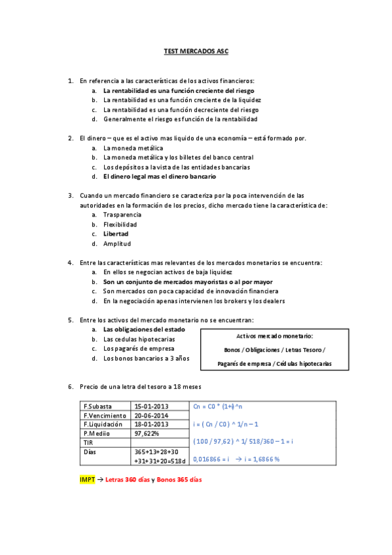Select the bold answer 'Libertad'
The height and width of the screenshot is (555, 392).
[116, 234]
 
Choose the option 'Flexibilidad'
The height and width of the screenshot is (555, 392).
[120, 224]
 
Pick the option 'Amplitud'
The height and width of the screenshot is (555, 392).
[117, 243]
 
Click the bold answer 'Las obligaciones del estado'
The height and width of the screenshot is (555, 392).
[143, 329]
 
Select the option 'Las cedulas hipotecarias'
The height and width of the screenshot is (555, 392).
[139, 339]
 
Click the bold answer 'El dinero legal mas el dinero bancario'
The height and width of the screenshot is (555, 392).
[160, 177]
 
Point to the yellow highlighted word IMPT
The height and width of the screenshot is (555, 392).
[86, 480]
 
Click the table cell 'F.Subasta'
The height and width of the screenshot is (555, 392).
[98, 406]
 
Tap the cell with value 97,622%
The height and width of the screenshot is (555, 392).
[147, 433]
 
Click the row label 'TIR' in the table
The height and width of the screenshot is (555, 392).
[90, 442]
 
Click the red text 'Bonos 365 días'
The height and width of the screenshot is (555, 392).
[179, 480]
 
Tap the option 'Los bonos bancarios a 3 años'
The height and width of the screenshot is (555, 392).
[146, 358]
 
